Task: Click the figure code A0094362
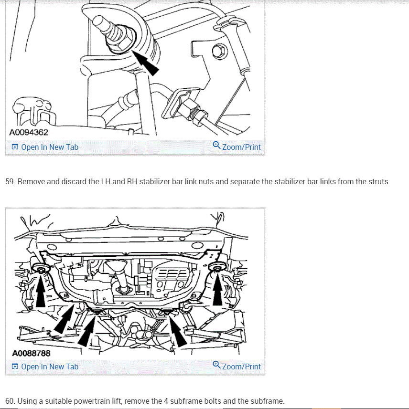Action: pyautogui.click(x=29, y=132)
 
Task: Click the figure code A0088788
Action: pyautogui.click(x=31, y=353)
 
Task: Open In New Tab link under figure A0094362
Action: pyautogui.click(x=45, y=147)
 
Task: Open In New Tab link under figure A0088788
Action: pyautogui.click(x=45, y=367)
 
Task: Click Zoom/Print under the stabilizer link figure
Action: pyautogui.click(x=237, y=147)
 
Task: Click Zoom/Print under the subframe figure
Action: pyautogui.click(x=237, y=366)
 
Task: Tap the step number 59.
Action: pyautogui.click(x=10, y=181)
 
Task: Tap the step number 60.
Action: pyautogui.click(x=10, y=401)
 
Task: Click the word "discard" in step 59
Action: pyautogui.click(x=74, y=181)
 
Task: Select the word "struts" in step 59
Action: pyautogui.click(x=378, y=181)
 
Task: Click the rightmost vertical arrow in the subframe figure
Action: pyautogui.click(x=217, y=288)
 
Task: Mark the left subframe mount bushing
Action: pyautogui.click(x=41, y=268)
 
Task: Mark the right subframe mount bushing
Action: pyautogui.click(x=217, y=267)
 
